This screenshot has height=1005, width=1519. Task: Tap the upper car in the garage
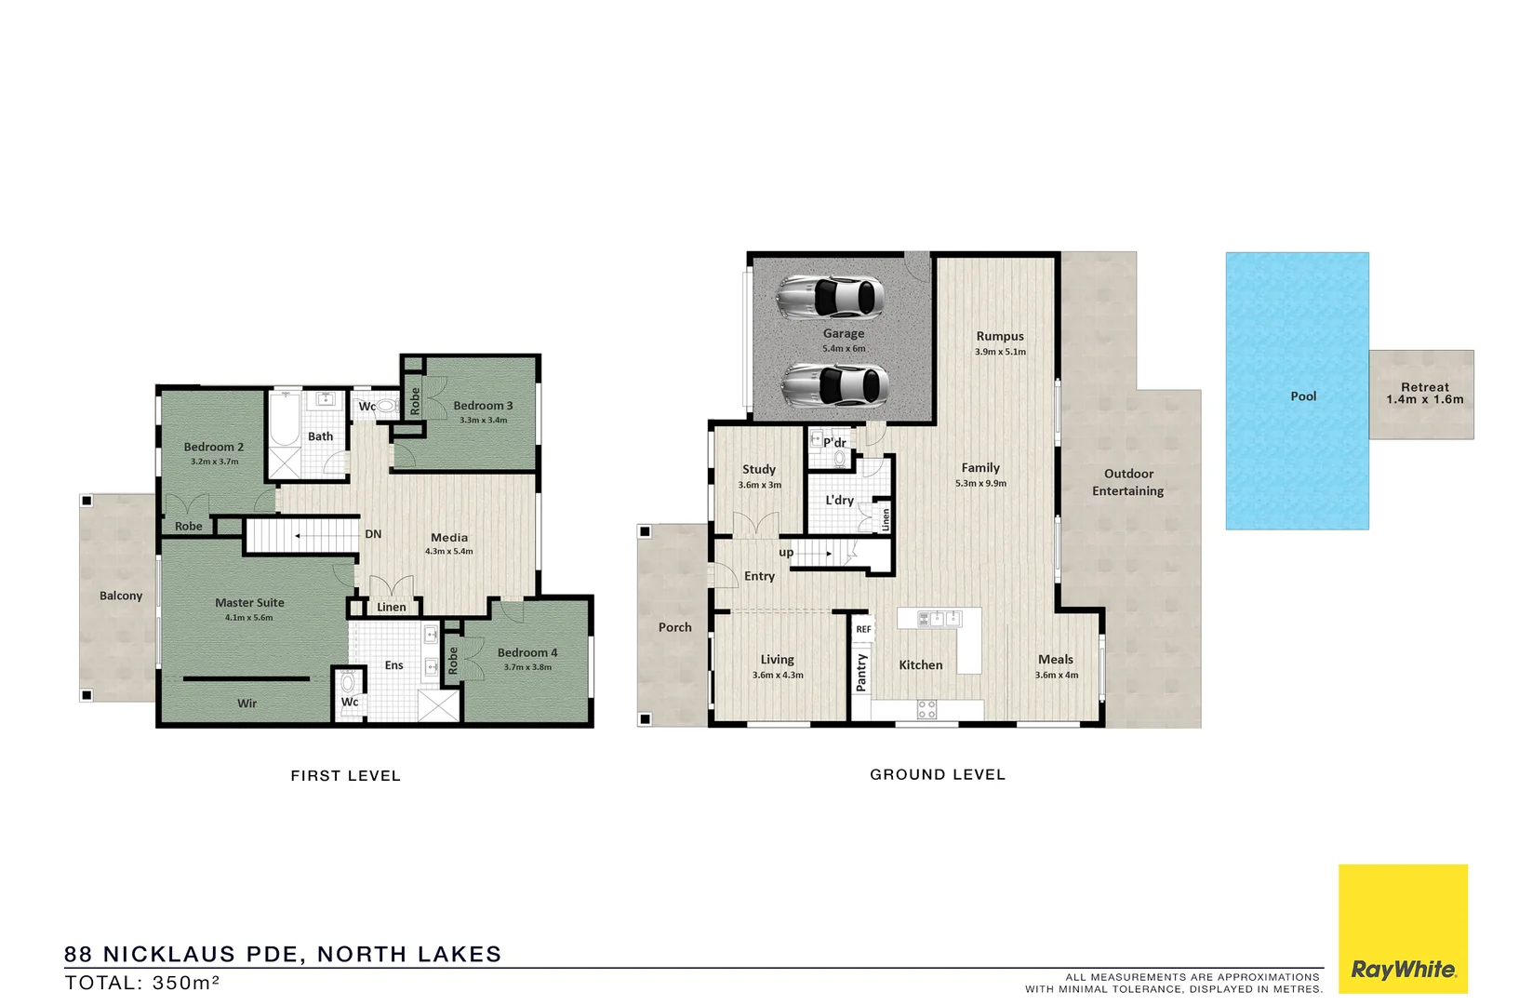click(x=830, y=296)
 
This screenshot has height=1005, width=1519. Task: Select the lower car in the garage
click(x=834, y=383)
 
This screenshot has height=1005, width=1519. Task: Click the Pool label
click(x=1303, y=396)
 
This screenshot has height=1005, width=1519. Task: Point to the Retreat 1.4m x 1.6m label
click(x=1424, y=394)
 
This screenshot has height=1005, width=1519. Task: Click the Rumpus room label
click(x=1000, y=337)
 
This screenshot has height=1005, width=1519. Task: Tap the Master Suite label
click(x=249, y=603)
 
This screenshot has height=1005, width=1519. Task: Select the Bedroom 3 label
click(x=483, y=406)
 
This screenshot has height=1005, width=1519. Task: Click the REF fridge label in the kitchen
click(x=863, y=629)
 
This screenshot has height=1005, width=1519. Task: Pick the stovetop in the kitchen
click(x=926, y=709)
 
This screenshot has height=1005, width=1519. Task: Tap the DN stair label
click(x=373, y=534)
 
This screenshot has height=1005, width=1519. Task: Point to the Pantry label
click(x=861, y=672)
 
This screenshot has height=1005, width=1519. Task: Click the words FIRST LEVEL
click(x=345, y=776)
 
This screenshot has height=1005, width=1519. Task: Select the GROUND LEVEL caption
click(x=938, y=774)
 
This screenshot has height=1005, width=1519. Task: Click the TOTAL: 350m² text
click(x=142, y=983)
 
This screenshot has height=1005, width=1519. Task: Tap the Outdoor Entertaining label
click(x=1128, y=482)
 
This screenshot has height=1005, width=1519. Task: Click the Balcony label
click(x=121, y=596)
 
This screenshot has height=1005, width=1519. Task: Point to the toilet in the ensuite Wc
click(x=347, y=683)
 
